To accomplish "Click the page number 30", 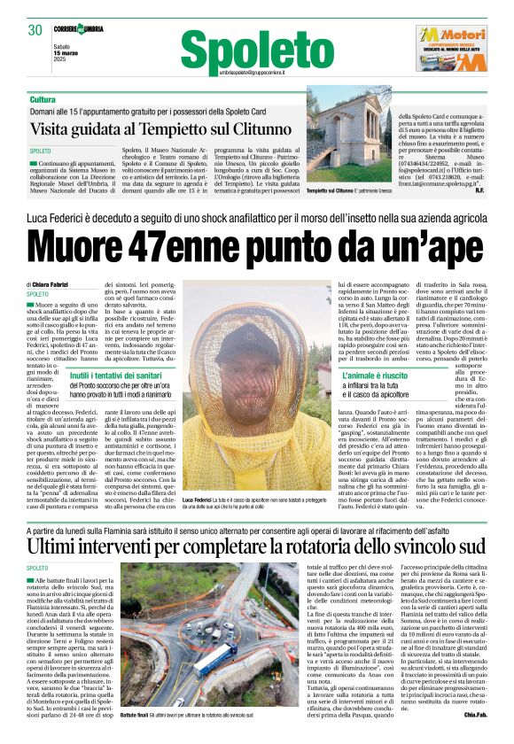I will (35, 30).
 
